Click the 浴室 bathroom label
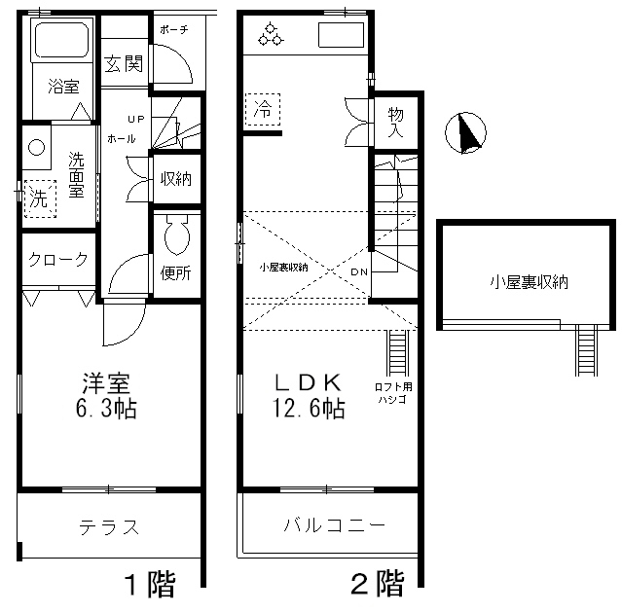coord(64,87)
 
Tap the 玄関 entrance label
coord(125,64)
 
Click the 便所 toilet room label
coord(176,272)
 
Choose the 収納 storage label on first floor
coord(176,179)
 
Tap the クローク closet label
coord(58,259)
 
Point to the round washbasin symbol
coord(38,150)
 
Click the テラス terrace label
coord(110,527)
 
